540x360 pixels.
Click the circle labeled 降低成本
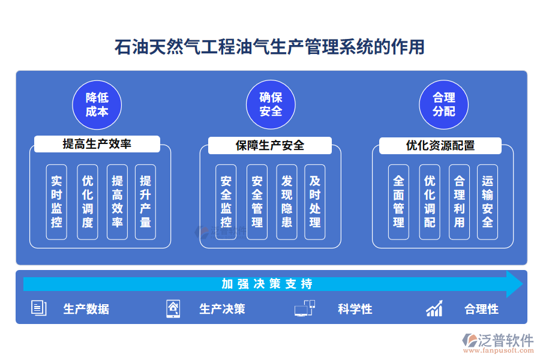coord(97,105)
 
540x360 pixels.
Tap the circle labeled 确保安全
coord(271,105)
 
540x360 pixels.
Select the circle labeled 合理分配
coord(443,105)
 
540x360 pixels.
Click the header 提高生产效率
coord(97,144)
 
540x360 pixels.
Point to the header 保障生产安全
coord(270,145)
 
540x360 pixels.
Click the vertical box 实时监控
coord(56,202)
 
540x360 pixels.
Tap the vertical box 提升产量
coord(145,202)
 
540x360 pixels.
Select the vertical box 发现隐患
coord(287,202)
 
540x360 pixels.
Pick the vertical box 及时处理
coord(315,202)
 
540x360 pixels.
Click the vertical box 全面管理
coord(398,202)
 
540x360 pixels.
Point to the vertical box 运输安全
coord(488,202)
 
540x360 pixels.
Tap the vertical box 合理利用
coord(459,202)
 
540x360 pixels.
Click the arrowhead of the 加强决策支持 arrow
coord(514,284)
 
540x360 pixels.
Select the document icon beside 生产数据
coord(38,308)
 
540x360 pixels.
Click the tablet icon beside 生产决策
coord(173,308)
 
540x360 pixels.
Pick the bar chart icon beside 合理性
coord(434,308)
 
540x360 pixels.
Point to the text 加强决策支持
coord(266,284)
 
